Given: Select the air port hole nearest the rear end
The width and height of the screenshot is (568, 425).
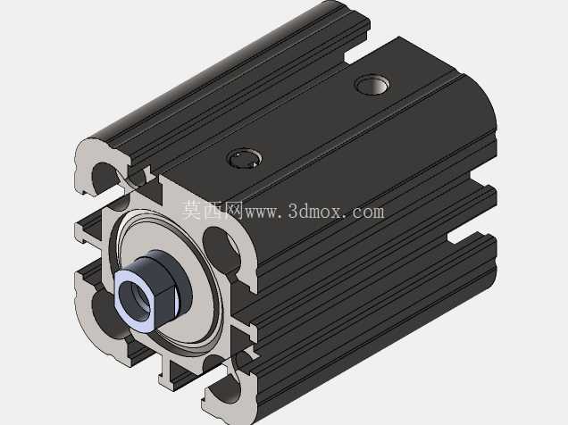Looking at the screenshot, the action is (372, 84).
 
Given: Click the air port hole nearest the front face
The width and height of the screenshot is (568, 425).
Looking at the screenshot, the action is (245, 159).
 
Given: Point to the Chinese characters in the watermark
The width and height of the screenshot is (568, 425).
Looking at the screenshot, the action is (213, 210).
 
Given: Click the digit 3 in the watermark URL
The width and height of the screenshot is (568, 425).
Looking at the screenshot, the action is (293, 211).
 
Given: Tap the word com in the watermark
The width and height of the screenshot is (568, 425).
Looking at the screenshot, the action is (367, 212).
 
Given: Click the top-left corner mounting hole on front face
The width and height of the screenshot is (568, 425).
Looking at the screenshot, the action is (105, 178).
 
